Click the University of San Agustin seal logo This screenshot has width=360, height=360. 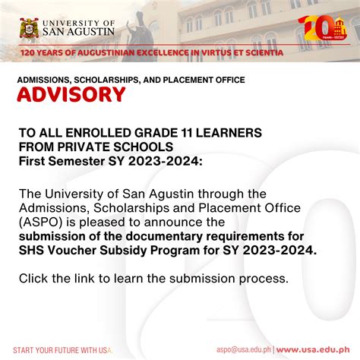coord(30,28)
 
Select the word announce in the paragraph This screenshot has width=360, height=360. coord(198,223)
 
